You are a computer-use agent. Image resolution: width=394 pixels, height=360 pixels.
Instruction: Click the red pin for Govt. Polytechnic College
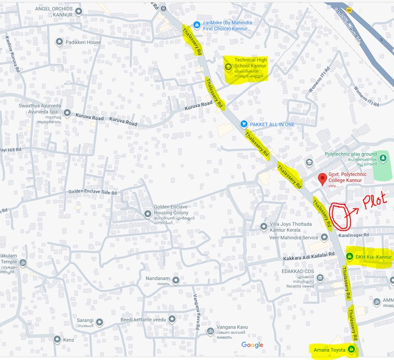click(x=321, y=179)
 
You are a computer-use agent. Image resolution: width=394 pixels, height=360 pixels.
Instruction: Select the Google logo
click(x=252, y=345)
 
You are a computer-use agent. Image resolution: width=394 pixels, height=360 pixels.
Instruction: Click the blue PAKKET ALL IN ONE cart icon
click(x=243, y=124)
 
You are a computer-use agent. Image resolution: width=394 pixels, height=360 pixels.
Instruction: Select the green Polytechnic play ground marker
click(x=383, y=157)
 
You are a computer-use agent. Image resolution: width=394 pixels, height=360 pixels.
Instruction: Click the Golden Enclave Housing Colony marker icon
click(x=148, y=213)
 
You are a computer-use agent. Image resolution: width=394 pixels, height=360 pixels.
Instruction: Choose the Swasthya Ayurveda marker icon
click(x=67, y=113)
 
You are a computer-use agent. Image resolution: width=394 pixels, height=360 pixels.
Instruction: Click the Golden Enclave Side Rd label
click(x=92, y=192)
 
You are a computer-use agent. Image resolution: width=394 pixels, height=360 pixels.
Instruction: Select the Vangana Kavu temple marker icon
click(x=210, y=331)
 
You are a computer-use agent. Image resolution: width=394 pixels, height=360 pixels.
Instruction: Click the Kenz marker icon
click(x=58, y=340)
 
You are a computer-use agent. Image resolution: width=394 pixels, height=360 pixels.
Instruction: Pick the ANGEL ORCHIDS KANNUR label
click(x=54, y=11)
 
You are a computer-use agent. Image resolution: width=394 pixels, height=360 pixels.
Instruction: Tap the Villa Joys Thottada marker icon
click(x=264, y=227)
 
